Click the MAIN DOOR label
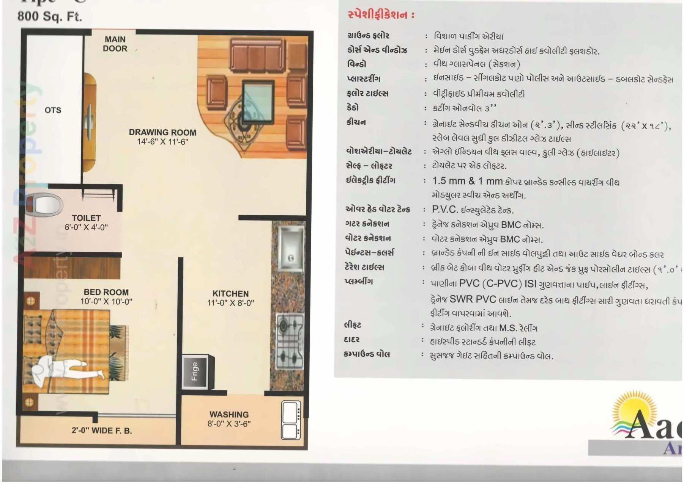[x=115, y=44]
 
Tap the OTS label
[x=53, y=110]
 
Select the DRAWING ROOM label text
[x=162, y=132]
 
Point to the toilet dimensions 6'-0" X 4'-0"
[x=86, y=227]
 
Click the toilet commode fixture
[x=45, y=205]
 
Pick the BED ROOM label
[x=106, y=292]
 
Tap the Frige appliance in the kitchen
[x=195, y=371]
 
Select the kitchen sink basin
[x=291, y=248]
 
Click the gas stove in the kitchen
[x=290, y=341]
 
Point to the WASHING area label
[x=229, y=414]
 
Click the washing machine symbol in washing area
[x=291, y=420]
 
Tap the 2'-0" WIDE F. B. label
[x=102, y=431]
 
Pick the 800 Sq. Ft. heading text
[x=50, y=16]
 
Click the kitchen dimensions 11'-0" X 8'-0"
[x=230, y=303]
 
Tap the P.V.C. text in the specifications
[x=444, y=210]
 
